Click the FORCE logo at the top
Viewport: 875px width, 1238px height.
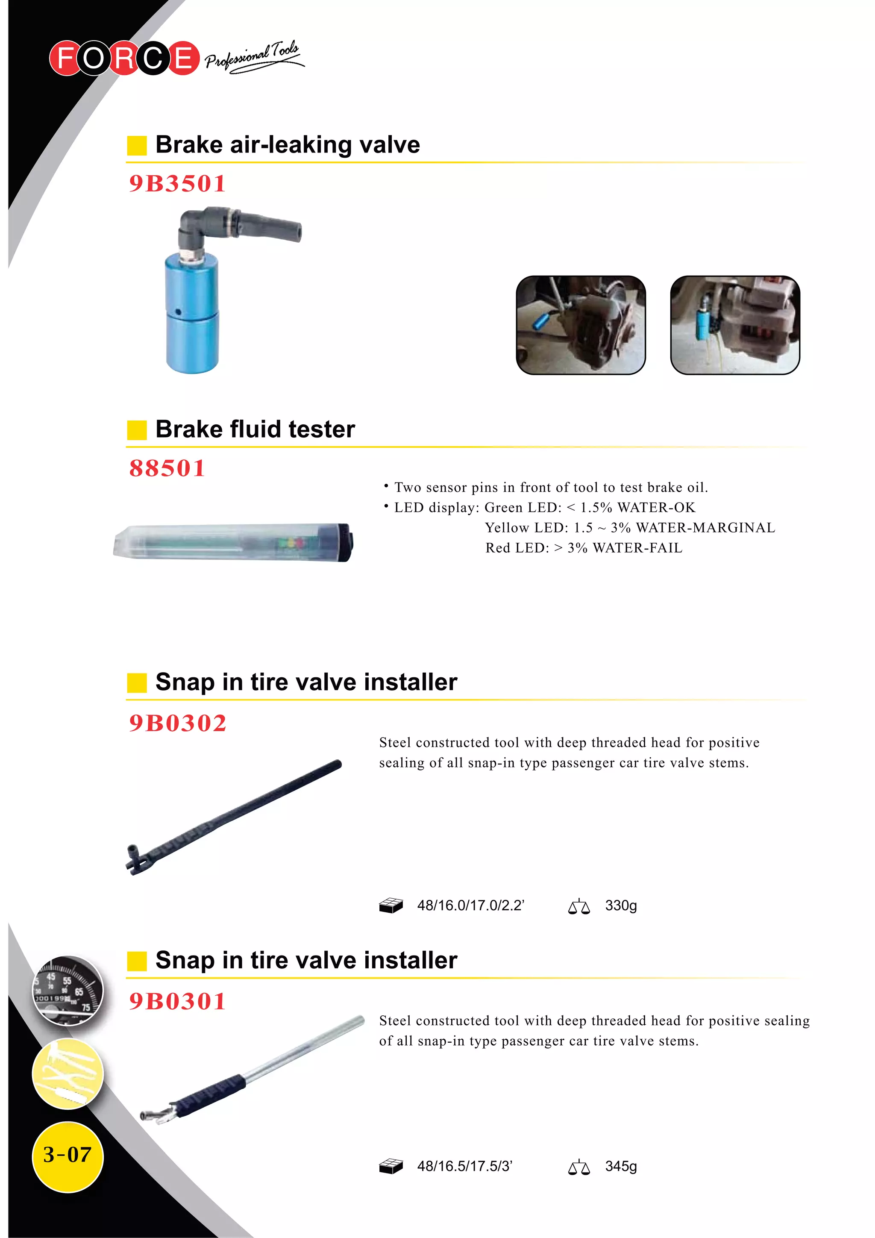[x=124, y=58]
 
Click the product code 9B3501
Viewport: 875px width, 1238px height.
[x=177, y=184]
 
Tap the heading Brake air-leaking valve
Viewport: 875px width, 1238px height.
[x=288, y=144]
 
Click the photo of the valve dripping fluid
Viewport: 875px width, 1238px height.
[x=735, y=325]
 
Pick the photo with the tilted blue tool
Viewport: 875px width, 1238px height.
[x=581, y=325]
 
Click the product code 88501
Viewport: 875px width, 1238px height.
[x=167, y=468]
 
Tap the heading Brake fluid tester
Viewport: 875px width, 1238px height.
[x=255, y=429]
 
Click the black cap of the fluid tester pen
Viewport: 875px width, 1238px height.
[x=344, y=542]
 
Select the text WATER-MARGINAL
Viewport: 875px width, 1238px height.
[x=706, y=528]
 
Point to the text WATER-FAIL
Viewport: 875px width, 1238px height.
[x=637, y=548]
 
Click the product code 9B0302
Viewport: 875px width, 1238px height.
[x=177, y=723]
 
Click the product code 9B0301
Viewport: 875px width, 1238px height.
[x=177, y=1001]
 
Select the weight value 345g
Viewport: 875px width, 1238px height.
[x=620, y=1166]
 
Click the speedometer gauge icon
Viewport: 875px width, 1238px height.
[x=68, y=991]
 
